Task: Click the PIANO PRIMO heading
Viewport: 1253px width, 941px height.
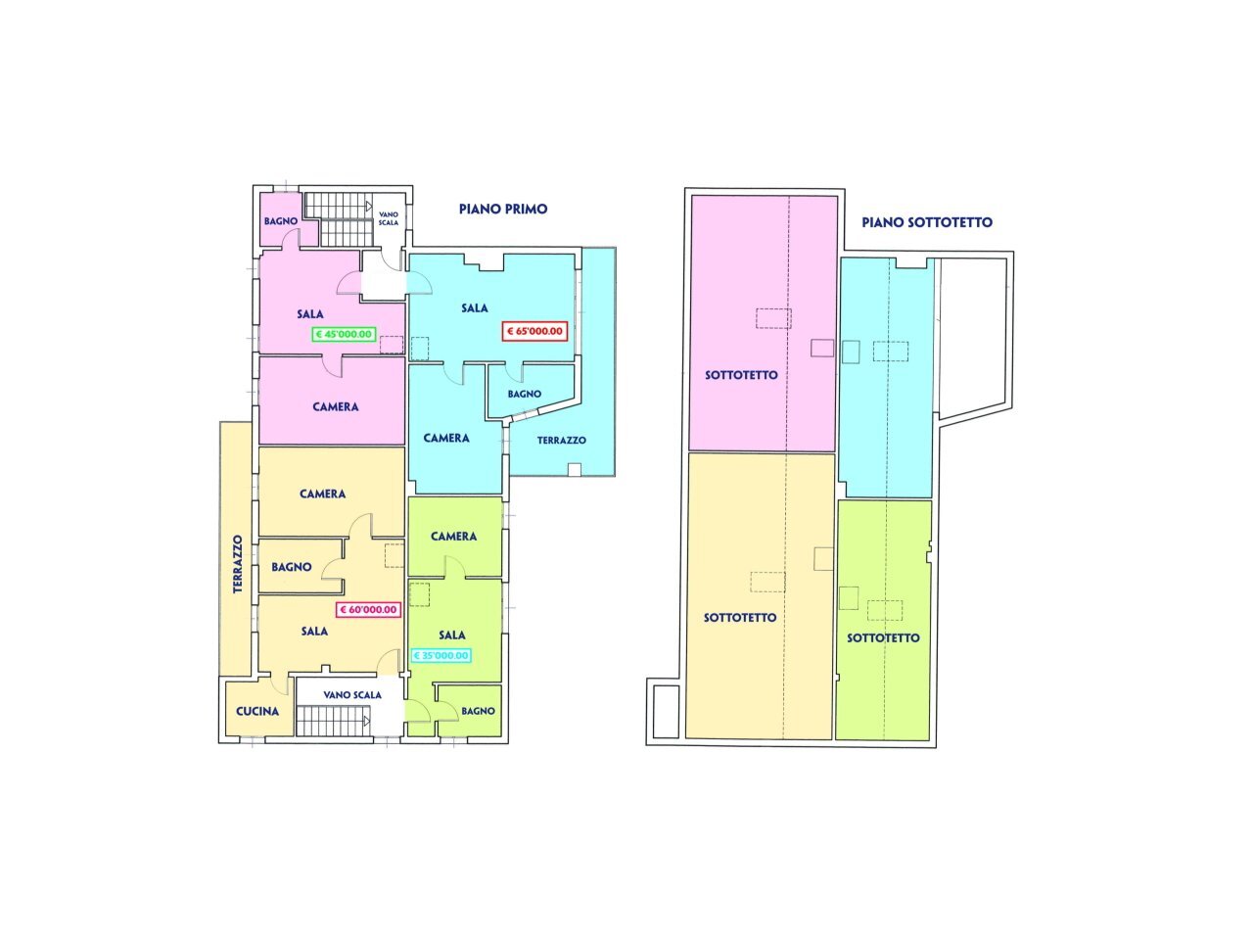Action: [x=503, y=209]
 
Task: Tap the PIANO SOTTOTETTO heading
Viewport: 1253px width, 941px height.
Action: [x=926, y=222]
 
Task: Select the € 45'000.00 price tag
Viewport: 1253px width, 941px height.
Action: [x=344, y=334]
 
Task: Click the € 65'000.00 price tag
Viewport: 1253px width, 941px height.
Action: [x=534, y=331]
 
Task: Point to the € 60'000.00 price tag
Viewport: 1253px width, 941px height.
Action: [x=368, y=609]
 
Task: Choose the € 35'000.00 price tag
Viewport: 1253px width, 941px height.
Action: [x=441, y=656]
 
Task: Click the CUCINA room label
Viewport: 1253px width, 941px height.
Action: [x=257, y=712]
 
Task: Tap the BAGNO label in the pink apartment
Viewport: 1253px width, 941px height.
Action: [x=280, y=221]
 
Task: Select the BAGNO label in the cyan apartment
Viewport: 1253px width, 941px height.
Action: [x=524, y=394]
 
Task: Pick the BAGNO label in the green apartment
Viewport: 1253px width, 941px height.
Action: [x=478, y=711]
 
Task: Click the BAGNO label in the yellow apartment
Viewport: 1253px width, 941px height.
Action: [x=292, y=567]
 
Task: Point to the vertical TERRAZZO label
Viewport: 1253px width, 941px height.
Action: [x=237, y=564]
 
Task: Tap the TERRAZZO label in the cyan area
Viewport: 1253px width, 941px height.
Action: [x=561, y=441]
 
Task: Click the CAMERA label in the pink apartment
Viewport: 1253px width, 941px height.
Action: [x=335, y=406]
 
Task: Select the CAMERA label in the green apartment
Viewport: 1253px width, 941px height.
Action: [x=453, y=537]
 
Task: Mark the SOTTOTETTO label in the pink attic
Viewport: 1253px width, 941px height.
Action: [x=741, y=375]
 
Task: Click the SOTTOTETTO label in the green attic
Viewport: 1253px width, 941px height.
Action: [x=883, y=637]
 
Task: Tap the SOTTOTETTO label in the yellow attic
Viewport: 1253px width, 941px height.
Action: [x=740, y=618]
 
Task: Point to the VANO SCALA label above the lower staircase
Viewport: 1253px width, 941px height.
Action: [x=352, y=695]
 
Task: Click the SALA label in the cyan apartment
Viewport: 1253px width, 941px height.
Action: [x=475, y=308]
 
